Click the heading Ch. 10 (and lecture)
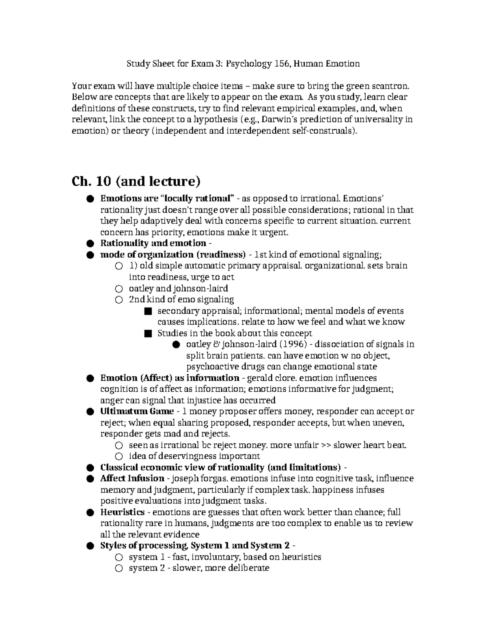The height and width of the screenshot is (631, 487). point(136,181)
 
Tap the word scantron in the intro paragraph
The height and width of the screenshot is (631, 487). point(393,86)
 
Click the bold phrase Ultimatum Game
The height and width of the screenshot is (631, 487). point(137,411)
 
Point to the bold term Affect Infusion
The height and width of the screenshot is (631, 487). point(132,478)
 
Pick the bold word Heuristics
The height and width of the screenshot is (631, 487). point(122,512)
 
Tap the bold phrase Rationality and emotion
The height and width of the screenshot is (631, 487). point(153,243)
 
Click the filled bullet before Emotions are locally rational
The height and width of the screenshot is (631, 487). point(90,199)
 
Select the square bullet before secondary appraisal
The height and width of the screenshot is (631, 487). point(147,311)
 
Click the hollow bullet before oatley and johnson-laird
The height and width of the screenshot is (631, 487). point(119,289)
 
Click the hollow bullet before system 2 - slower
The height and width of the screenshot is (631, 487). point(119,568)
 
